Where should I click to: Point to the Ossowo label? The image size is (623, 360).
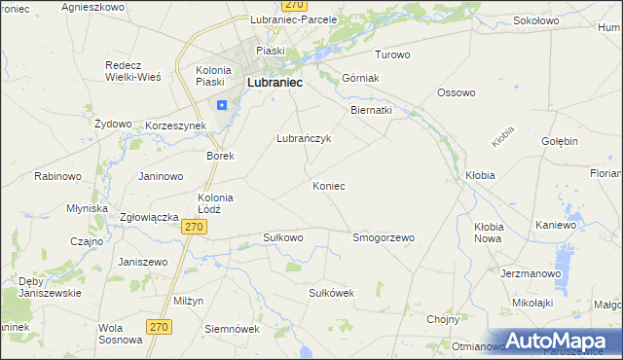(456, 93)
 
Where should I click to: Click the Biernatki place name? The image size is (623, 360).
(371, 111)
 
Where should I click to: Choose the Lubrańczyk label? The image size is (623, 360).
(305, 138)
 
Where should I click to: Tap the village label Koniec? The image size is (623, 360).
(328, 185)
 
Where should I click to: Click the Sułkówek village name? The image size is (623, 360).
(330, 293)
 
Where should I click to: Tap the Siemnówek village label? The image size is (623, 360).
(232, 329)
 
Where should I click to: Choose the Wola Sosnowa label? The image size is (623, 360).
(123, 334)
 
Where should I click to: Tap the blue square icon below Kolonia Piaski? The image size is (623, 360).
(222, 105)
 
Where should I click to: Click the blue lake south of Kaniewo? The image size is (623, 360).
(561, 257)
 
